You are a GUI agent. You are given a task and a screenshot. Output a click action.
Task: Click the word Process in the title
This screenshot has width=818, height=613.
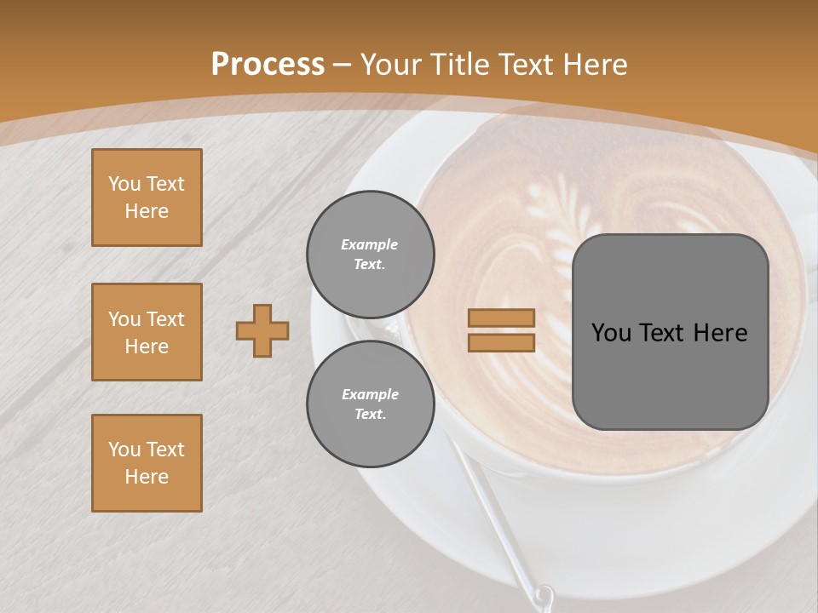point(268,64)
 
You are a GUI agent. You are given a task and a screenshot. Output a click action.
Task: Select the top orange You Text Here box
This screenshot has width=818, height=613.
point(147,198)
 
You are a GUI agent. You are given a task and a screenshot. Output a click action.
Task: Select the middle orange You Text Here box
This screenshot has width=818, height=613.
point(147,332)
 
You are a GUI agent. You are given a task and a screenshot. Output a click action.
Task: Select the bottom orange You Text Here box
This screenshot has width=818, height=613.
point(147,463)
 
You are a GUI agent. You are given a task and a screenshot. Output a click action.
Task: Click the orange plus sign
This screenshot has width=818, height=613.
point(262,330)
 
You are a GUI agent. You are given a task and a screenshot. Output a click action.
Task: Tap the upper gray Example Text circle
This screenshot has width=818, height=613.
point(370,254)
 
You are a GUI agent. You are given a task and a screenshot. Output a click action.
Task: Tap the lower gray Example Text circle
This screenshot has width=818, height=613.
point(370,404)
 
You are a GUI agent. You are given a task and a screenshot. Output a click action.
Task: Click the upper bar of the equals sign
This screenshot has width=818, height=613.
point(501,318)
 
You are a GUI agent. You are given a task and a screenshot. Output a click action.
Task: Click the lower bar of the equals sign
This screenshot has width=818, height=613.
point(501,342)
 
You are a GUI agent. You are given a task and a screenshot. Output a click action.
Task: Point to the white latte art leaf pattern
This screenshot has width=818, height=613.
point(554,213)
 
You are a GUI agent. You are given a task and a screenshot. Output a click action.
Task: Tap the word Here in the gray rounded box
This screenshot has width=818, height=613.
point(721,333)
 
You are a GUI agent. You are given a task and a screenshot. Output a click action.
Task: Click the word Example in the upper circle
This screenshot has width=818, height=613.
point(370,244)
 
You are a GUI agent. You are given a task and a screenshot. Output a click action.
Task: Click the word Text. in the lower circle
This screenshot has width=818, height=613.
point(370,414)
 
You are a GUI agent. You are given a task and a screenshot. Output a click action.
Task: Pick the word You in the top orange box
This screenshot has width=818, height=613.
point(123,184)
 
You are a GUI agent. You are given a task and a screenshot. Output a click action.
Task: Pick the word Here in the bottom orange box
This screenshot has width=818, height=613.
point(147,477)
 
